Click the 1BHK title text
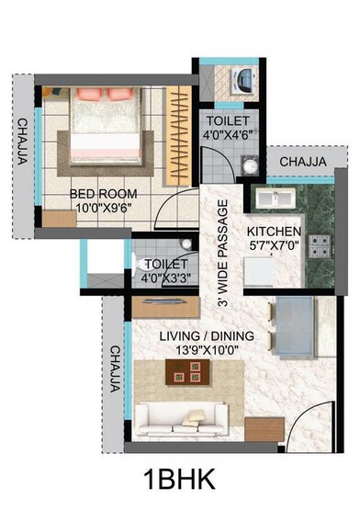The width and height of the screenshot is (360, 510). pyautogui.click(x=180, y=480)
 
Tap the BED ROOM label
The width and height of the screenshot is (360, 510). pyautogui.click(x=105, y=194)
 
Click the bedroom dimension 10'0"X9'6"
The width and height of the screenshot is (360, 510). pyautogui.click(x=105, y=209)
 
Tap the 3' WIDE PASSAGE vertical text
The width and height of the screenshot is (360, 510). pyautogui.click(x=220, y=249)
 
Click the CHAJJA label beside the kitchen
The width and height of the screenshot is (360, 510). pyautogui.click(x=302, y=162)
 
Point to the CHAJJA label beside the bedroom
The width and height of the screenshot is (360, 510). pyautogui.click(x=21, y=142)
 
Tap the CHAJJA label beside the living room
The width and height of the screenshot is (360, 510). pyautogui.click(x=114, y=368)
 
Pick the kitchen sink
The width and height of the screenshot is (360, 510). pyautogui.click(x=274, y=198)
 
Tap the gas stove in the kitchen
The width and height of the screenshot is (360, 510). pyautogui.click(x=321, y=245)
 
